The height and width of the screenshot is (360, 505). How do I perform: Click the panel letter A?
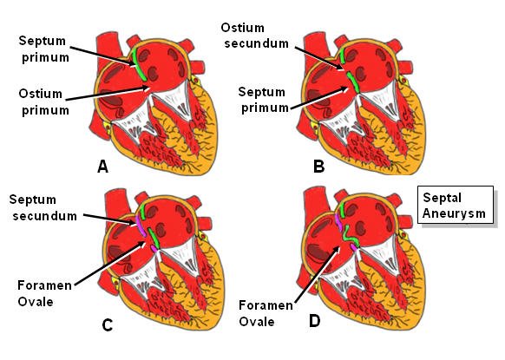click(102, 167)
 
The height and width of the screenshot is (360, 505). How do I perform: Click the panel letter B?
click(318, 167)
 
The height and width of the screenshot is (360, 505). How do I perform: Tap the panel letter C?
click(108, 325)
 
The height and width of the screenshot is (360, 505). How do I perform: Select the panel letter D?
click(315, 321)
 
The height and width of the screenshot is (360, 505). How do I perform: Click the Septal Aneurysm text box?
click(456, 205)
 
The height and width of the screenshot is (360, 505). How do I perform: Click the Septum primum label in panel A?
click(43, 49)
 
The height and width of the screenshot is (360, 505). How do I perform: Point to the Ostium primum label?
click(43, 101)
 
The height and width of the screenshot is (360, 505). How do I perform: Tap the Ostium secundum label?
click(255, 36)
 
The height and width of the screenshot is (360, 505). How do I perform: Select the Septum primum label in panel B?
click(264, 100)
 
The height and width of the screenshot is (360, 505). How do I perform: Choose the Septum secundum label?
click(43, 207)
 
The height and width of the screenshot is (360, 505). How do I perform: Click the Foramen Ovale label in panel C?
click(44, 293)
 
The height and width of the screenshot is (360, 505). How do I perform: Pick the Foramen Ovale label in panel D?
click(266, 313)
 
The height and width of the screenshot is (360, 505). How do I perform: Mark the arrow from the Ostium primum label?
click(108, 93)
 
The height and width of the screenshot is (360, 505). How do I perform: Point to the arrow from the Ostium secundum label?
click(319, 59)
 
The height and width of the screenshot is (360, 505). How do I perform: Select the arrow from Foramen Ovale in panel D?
click(317, 275)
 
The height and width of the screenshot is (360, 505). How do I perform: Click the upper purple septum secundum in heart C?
click(141, 225)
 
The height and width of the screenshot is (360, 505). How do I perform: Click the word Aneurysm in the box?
click(454, 213)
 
